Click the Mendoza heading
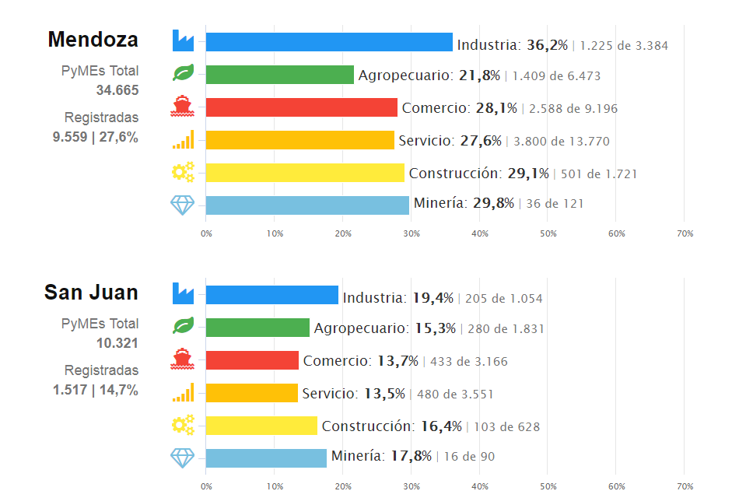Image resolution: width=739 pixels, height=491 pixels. (93, 39)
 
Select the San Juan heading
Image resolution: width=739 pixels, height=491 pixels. (91, 292)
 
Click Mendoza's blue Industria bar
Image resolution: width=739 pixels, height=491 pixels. (328, 42)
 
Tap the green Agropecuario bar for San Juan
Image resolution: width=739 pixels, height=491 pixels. (257, 328)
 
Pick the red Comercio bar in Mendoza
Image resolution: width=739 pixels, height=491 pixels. (301, 107)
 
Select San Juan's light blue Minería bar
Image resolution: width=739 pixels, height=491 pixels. (266, 458)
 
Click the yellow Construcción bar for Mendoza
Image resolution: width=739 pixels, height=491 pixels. (305, 173)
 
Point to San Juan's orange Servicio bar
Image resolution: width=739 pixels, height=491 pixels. (251, 393)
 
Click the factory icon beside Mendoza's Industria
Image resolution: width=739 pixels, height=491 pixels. (183, 40)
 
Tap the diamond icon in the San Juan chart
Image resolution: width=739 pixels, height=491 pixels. (183, 458)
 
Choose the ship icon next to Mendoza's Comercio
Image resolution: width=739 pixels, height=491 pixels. (183, 107)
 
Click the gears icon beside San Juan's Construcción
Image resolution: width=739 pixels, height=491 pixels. (183, 425)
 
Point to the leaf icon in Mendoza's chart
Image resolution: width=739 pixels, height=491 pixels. (183, 74)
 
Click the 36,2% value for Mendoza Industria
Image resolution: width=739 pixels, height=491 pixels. (548, 45)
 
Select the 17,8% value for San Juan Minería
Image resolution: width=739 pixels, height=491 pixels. (412, 456)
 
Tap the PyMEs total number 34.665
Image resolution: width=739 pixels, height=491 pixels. (117, 90)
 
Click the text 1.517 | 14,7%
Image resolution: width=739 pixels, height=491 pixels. (96, 390)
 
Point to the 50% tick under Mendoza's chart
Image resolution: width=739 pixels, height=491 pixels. (548, 233)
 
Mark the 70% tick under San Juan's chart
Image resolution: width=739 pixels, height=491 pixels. (685, 486)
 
